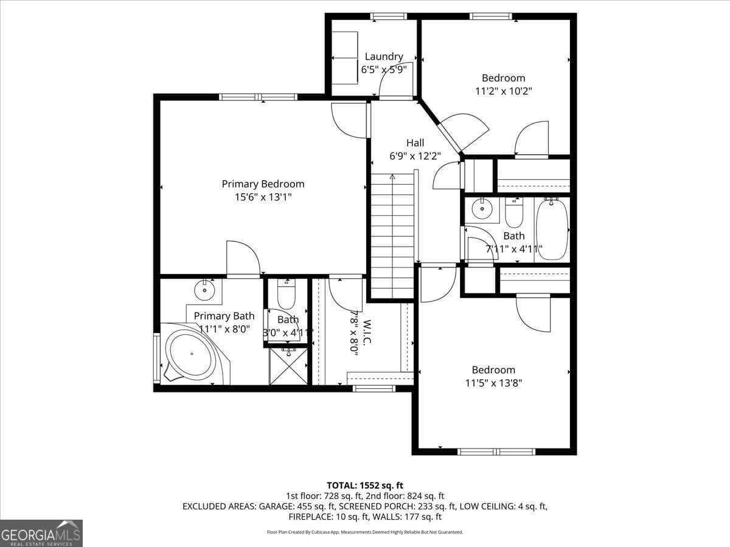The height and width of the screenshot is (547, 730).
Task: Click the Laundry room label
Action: [x=383, y=57]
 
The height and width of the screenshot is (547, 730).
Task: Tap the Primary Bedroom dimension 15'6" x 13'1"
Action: [x=263, y=197]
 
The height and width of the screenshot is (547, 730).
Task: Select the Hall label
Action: [x=415, y=143]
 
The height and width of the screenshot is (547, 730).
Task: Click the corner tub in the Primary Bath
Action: [x=191, y=354]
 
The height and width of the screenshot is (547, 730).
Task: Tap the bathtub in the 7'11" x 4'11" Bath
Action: [x=552, y=230]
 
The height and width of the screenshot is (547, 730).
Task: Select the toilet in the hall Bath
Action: [x=514, y=212]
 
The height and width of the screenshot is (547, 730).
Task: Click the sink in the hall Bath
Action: [x=482, y=210]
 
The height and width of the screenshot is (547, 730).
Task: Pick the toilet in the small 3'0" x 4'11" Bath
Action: [x=286, y=295]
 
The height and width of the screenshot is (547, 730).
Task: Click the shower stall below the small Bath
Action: [x=288, y=366]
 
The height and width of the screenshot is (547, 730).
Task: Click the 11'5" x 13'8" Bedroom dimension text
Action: [x=493, y=383]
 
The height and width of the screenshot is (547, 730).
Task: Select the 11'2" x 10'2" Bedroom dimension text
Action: [x=503, y=91]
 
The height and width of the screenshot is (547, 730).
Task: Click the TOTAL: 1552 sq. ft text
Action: [x=365, y=485]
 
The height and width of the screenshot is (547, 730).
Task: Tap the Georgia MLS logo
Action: [x=41, y=533]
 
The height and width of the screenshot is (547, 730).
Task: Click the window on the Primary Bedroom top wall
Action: [x=258, y=97]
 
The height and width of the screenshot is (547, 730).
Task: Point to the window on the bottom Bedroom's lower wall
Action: [x=496, y=452]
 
